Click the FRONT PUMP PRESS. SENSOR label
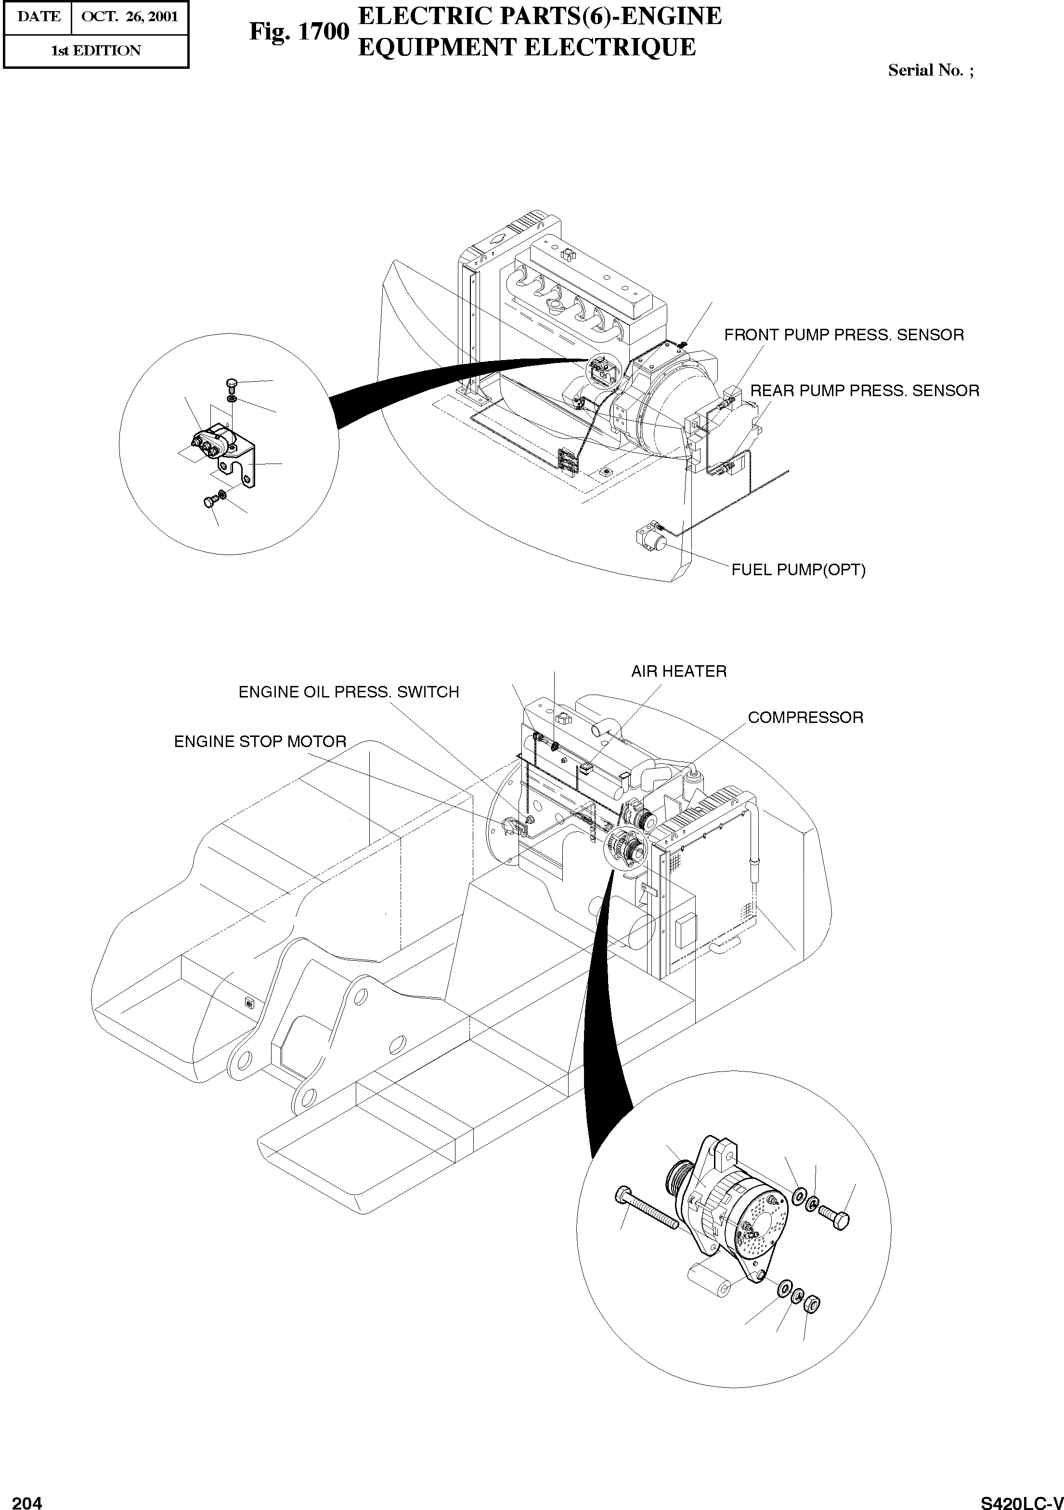pos(843,335)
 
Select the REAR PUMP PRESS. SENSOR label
pos(864,391)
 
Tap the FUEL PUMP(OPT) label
pos(798,569)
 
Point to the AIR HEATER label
pos(679,671)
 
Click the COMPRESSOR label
pos(805,718)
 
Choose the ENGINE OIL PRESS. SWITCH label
pos(349,692)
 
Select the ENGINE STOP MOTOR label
pos(260,742)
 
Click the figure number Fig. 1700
pos(298,32)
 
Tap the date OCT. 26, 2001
pos(130,16)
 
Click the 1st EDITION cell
pos(96,51)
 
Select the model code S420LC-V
pos(1021,1501)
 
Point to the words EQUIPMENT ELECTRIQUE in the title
pos(526,47)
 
